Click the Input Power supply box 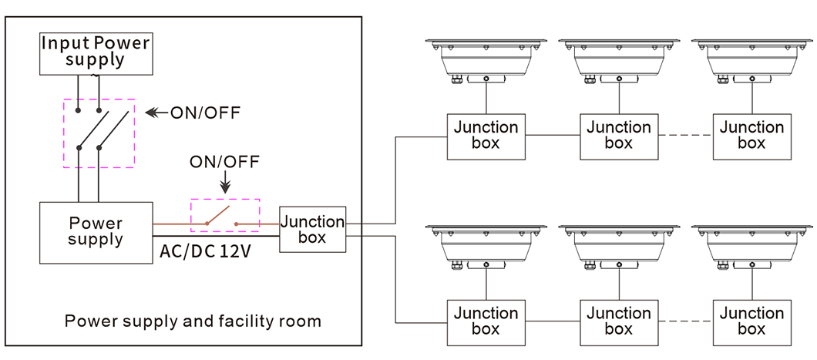pyautogui.click(x=95, y=52)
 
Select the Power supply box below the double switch pyautogui.click(x=95, y=231)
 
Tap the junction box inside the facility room pyautogui.click(x=312, y=229)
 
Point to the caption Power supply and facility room pyautogui.click(x=193, y=321)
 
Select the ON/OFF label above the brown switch pyautogui.click(x=224, y=162)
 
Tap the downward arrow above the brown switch pyautogui.click(x=224, y=185)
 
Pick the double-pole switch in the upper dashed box pyautogui.click(x=98, y=133)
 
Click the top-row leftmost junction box pyautogui.click(x=486, y=136)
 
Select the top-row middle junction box pyautogui.click(x=618, y=136)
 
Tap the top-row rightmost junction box pyautogui.click(x=751, y=136)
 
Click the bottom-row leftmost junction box pyautogui.click(x=486, y=321)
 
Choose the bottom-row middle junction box pyautogui.click(x=618, y=321)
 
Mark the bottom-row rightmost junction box pyautogui.click(x=751, y=321)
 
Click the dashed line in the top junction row pyautogui.click(x=685, y=136)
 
